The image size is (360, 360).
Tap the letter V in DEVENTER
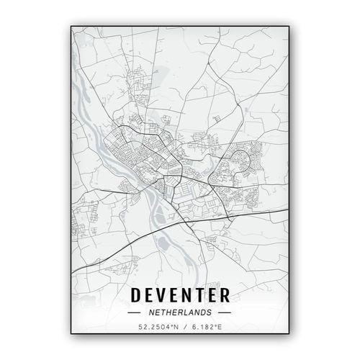point(164,295)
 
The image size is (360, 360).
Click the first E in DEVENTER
point(151,295)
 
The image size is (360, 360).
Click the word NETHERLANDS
point(180,313)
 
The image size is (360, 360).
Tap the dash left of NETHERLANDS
point(134,313)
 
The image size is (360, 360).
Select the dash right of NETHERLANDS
point(225,313)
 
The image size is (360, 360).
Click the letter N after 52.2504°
point(174,329)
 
